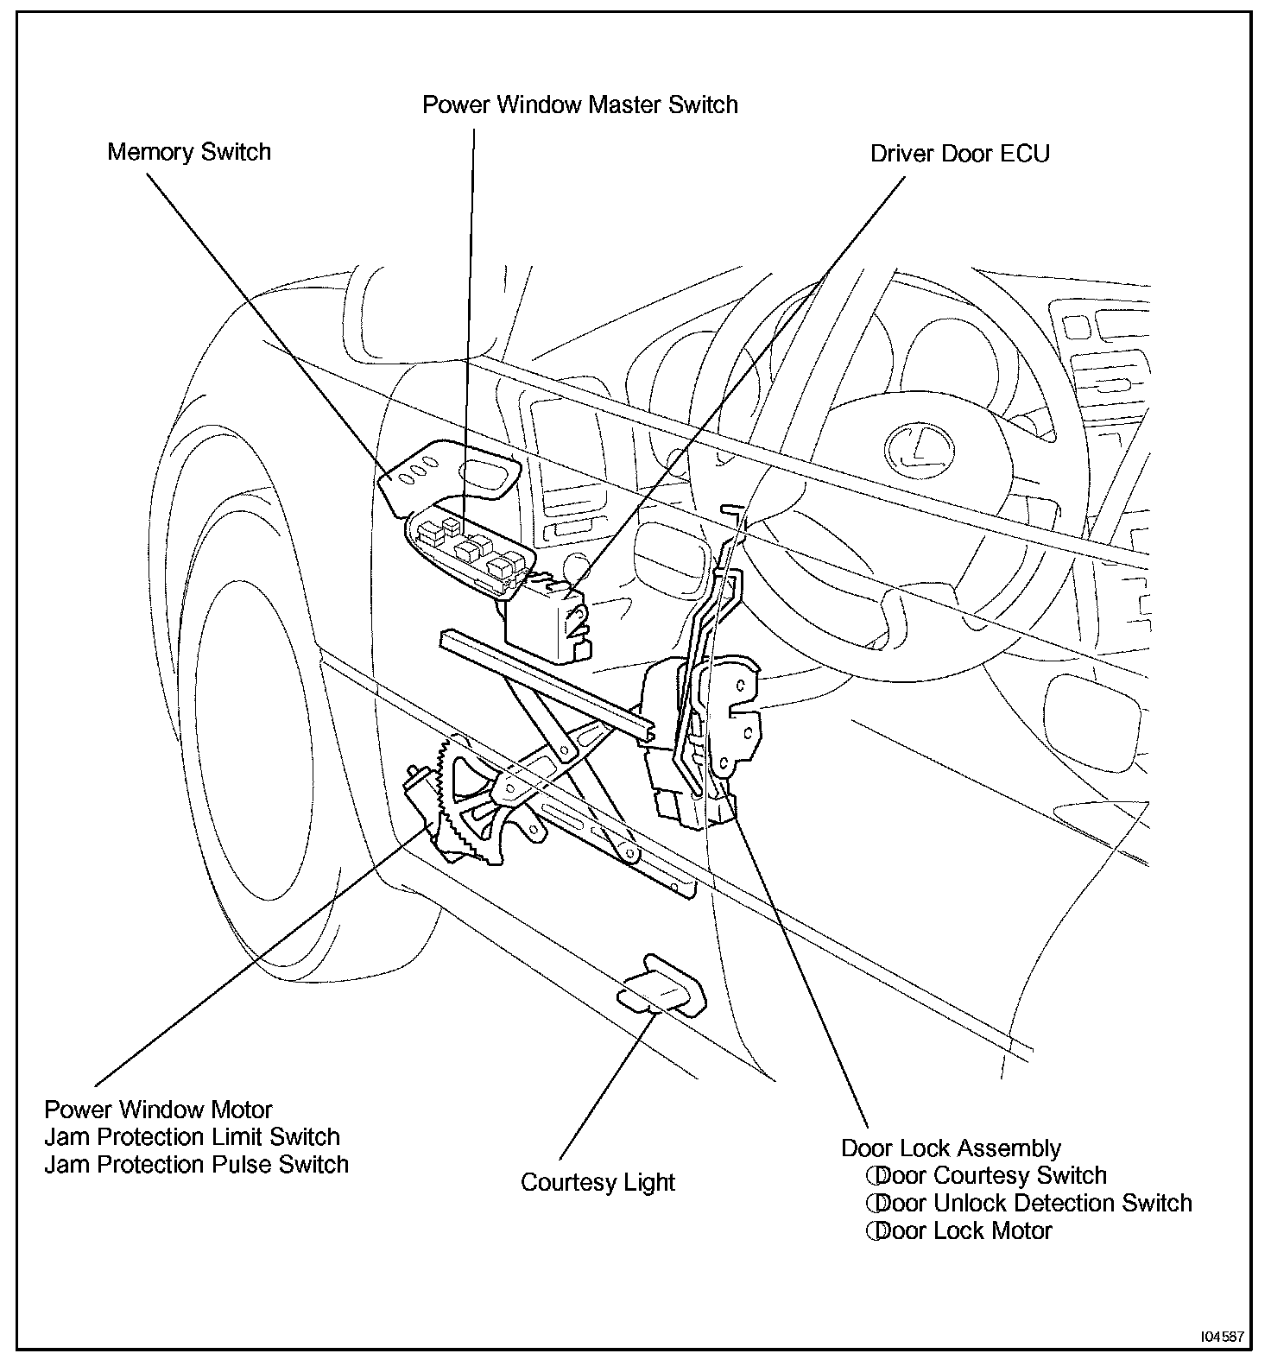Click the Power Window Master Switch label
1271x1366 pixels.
click(x=579, y=105)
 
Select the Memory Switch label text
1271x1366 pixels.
click(x=189, y=152)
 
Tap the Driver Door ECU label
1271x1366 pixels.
click(x=959, y=154)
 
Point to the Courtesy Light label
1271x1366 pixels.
click(x=598, y=1182)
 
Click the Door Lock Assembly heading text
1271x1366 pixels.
click(x=951, y=1148)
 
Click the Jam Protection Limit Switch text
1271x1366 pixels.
click(x=192, y=1137)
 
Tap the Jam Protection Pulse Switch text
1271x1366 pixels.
click(x=197, y=1165)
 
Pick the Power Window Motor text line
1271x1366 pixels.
click(x=158, y=1110)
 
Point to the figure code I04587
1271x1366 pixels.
click(x=1221, y=1337)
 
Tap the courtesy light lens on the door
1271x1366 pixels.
click(x=660, y=987)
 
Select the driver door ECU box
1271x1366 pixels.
click(x=545, y=621)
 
